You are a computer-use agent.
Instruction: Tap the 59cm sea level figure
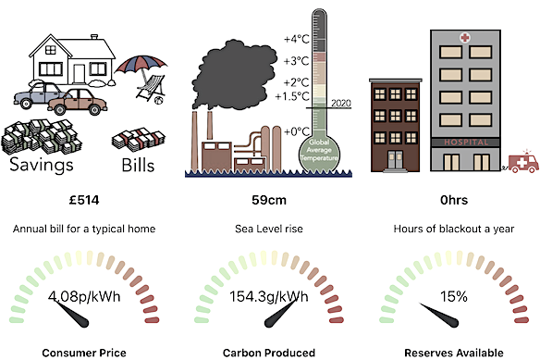coord(269,200)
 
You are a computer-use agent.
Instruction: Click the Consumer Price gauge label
coord(83,352)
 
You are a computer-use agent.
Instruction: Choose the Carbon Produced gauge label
coord(269,352)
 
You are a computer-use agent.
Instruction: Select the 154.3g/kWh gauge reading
coord(269,298)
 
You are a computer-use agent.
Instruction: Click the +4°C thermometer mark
coord(297,39)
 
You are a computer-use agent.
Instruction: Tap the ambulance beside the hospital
coord(522,164)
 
